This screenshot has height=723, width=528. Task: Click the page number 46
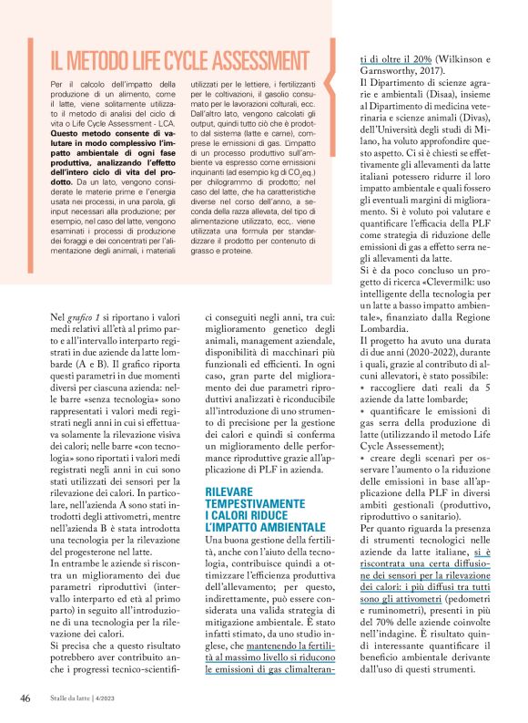[x=25, y=697]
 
